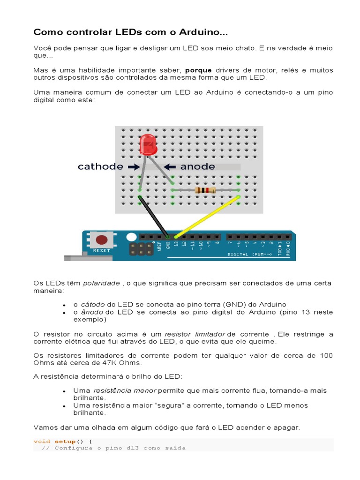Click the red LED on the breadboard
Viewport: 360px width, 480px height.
(148, 144)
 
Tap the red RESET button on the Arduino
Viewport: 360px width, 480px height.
(101, 240)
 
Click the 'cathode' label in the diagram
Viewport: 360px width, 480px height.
(100, 166)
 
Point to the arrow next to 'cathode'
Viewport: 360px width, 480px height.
(133, 166)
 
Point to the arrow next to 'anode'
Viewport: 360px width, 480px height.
(170, 166)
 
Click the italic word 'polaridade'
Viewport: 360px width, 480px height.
(101, 283)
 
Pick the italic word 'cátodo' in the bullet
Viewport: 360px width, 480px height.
(93, 304)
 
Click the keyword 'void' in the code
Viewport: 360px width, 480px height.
(42, 441)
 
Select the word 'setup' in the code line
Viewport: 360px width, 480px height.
(65, 441)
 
